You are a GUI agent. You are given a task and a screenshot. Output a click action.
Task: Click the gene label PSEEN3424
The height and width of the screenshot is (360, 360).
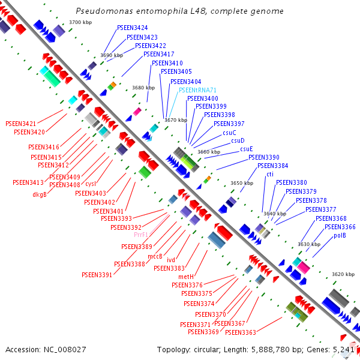pos(133,28)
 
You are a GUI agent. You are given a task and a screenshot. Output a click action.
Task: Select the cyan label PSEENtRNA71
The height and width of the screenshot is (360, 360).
pos(197,90)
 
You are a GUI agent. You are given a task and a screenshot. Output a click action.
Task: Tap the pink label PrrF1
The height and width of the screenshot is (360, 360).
pos(141,235)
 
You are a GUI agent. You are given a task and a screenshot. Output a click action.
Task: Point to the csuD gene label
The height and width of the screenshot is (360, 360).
pos(238,140)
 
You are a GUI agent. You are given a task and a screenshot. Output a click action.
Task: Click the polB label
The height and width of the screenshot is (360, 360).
pos(340,236)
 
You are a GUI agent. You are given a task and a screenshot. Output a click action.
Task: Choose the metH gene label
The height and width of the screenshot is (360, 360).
pos(186,277)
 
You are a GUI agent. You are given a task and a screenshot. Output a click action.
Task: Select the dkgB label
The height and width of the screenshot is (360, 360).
pos(40,194)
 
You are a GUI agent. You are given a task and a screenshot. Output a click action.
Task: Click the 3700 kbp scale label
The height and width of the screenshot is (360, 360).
pos(80,22)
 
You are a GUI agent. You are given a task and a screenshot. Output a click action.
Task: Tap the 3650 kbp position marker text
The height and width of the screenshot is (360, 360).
pos(242,183)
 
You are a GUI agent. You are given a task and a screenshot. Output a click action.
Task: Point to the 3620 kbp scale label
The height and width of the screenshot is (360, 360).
pos(343,274)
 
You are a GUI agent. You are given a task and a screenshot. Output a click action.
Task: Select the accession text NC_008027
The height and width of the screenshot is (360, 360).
pos(65,350)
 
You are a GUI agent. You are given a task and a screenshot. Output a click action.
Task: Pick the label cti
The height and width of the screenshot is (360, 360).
pos(270,174)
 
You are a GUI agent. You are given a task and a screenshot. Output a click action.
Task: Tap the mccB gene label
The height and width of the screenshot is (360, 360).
pos(155,256)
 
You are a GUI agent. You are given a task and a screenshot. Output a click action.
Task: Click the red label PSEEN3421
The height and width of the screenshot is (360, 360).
pos(21,124)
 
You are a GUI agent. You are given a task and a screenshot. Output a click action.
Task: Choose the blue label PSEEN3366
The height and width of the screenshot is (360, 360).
pos(340,227)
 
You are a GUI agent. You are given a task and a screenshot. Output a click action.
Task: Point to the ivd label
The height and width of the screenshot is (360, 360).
pos(171,260)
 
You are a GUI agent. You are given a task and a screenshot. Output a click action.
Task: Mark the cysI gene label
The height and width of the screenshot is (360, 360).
pos(91,184)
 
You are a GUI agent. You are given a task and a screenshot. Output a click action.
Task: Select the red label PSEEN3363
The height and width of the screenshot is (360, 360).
pos(241,332)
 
